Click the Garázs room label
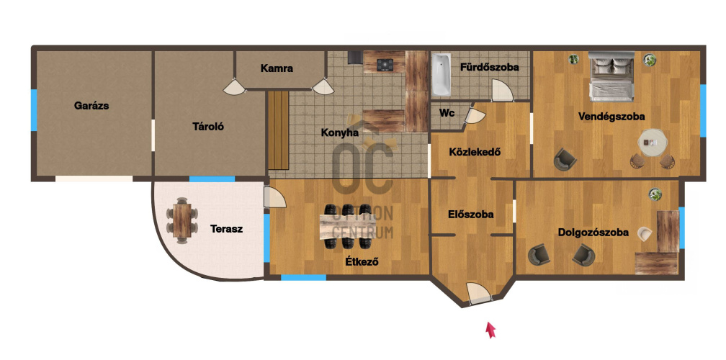pyautogui.click(x=91, y=106)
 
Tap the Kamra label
pyautogui.click(x=277, y=68)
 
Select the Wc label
pyautogui.click(x=447, y=113)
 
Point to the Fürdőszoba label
pyautogui.click(x=490, y=67)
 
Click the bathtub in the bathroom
pyautogui.click(x=442, y=74)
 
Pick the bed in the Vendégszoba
pyautogui.click(x=611, y=76)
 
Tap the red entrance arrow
pyautogui.click(x=490, y=330)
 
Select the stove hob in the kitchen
pyautogui.click(x=385, y=66)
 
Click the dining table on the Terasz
pyautogui.click(x=182, y=221)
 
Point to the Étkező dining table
pyautogui.click(x=348, y=226)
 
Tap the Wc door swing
pyautogui.click(x=475, y=116)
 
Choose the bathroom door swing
pyautogui.click(x=502, y=91)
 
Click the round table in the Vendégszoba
pyautogui.click(x=653, y=143)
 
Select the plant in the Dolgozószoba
pyautogui.click(x=655, y=194)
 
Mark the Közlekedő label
pyautogui.click(x=475, y=152)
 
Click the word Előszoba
pyautogui.click(x=471, y=215)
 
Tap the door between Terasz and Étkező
pyautogui.click(x=274, y=197)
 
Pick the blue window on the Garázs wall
pyautogui.click(x=34, y=109)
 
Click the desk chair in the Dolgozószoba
pyautogui.click(x=644, y=234)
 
